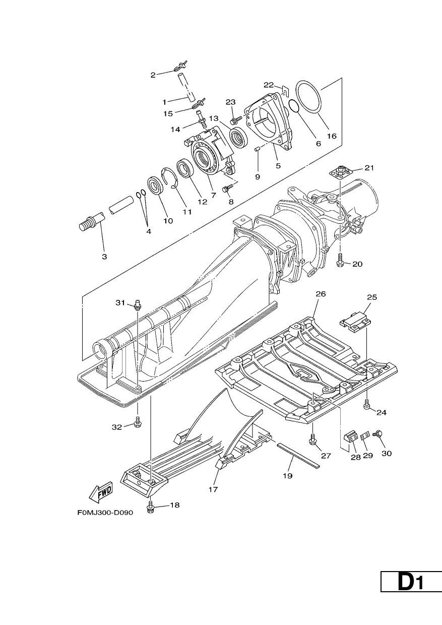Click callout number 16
[x=332, y=136]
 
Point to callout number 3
[x=104, y=257]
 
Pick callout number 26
[x=321, y=294]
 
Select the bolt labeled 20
[x=340, y=260]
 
